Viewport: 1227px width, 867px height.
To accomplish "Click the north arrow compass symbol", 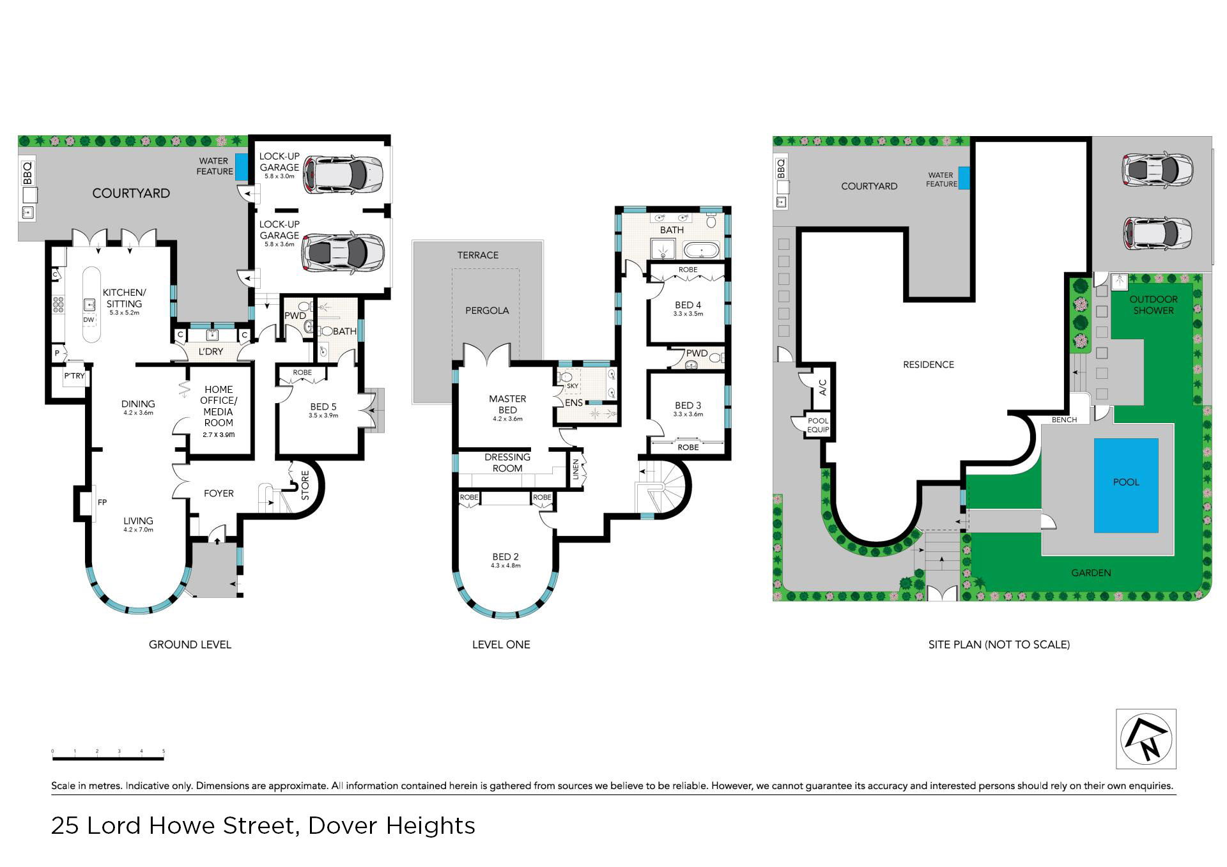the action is click(x=1146, y=739).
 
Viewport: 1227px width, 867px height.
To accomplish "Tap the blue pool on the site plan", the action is click(x=1126, y=485).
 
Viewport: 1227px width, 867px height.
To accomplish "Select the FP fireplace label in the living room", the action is click(x=102, y=503).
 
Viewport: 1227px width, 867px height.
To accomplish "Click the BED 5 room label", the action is click(x=323, y=406).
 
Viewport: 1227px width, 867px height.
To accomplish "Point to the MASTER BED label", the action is click(x=507, y=404).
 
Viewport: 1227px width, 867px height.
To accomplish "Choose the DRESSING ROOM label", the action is click(x=507, y=463).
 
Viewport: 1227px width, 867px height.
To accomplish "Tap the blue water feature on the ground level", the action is click(x=242, y=167).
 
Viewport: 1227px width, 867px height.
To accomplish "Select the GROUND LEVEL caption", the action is click(x=190, y=645).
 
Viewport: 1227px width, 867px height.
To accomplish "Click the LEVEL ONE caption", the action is click(x=501, y=645).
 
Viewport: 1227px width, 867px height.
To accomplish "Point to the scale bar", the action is click(x=108, y=758).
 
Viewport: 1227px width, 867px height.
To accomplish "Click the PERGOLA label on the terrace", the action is click(x=487, y=311).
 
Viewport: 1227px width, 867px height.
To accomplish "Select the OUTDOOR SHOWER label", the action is click(x=1154, y=305).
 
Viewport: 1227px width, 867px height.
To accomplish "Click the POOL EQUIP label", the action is click(x=818, y=425).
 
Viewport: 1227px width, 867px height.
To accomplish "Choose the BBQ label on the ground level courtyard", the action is click(x=27, y=172).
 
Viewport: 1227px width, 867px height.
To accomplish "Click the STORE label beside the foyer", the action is click(x=305, y=486).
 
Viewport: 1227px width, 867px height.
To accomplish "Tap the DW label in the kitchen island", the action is click(x=89, y=320).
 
